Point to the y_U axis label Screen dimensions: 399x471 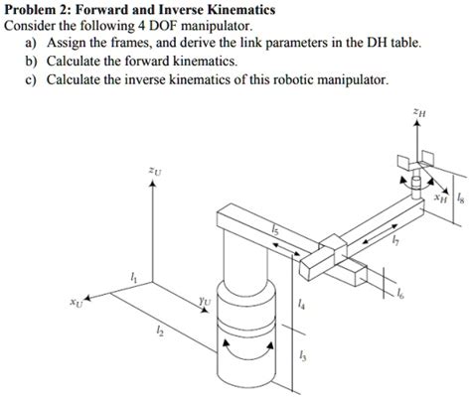[205, 297]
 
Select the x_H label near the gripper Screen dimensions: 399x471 [439, 199]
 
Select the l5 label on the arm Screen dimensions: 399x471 [277, 231]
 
